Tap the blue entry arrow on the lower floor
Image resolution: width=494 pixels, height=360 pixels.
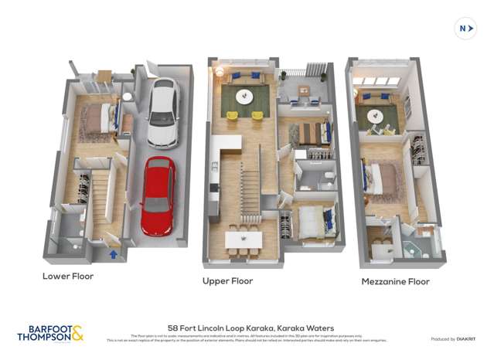(x=114, y=253)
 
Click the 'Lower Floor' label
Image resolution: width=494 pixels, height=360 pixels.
(x=68, y=276)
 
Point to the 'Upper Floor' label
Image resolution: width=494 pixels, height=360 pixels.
(x=227, y=281)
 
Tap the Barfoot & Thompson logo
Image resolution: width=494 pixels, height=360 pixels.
(x=50, y=334)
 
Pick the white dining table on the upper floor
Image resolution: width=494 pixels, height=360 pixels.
(x=244, y=239)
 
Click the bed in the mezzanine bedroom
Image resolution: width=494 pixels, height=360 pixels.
(x=383, y=178)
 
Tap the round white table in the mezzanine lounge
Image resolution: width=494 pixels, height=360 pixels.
(x=376, y=116)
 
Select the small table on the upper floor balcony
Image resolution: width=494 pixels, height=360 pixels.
(x=304, y=91)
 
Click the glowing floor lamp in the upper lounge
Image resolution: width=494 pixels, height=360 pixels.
(x=220, y=72)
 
